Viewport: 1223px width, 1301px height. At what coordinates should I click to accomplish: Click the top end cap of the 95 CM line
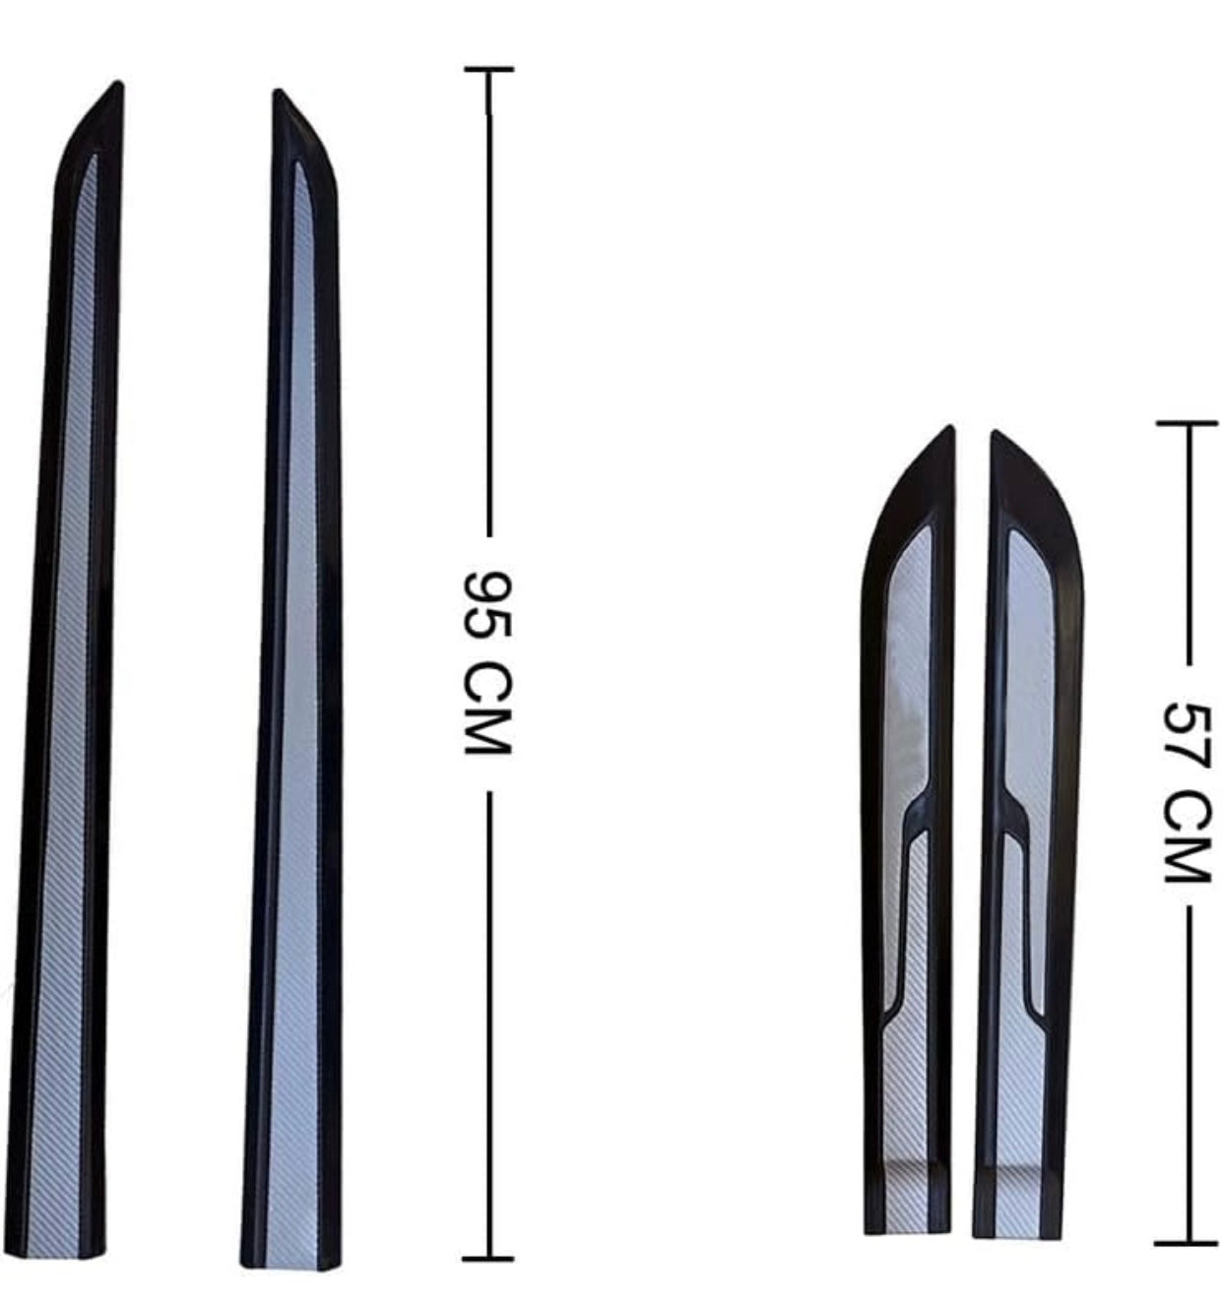tap(489, 68)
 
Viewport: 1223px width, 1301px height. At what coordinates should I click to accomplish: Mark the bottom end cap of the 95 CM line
tap(488, 1258)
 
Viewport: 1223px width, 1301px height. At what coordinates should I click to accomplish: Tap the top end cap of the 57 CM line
tap(1187, 423)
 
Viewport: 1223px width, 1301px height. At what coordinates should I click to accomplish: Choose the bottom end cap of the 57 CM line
tap(1187, 1242)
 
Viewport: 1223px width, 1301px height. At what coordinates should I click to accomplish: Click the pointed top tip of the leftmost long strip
tap(119, 83)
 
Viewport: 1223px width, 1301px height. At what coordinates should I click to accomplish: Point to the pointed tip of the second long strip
tap(278, 91)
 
